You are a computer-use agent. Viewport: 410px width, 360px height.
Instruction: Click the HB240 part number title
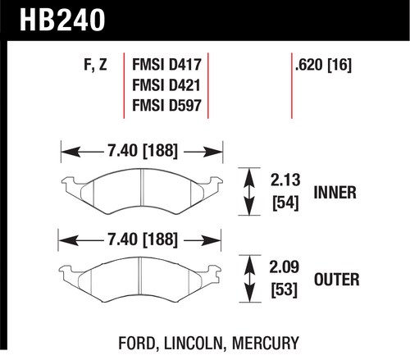pos(62,20)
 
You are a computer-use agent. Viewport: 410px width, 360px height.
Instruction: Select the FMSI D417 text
pos(166,65)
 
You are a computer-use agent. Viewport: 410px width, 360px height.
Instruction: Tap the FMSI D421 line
pos(166,84)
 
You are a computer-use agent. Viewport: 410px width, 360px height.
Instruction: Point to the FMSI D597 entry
pos(166,105)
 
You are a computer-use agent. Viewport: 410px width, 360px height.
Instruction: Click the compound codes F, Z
pos(95,66)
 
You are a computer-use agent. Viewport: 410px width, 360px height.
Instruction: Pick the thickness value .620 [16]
pos(323,65)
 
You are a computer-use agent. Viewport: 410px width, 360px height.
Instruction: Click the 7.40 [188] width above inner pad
pos(143,151)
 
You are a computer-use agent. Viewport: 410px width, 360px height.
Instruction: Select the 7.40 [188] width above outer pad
pos(143,239)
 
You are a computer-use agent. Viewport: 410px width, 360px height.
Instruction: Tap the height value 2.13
pos(285,180)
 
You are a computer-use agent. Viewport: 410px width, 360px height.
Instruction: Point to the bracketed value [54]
pos(285,203)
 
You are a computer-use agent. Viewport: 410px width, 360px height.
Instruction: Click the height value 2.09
pos(284,267)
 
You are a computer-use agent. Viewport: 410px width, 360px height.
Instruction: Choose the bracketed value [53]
pos(284,289)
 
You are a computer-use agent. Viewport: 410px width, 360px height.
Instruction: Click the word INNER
pos(335,193)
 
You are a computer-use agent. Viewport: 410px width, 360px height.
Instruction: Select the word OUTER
pos(337,280)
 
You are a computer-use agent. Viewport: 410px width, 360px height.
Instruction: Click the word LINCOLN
pos(194,344)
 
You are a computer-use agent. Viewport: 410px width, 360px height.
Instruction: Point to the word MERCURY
pos(266,343)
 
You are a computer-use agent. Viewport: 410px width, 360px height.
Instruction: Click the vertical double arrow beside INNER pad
pos(249,192)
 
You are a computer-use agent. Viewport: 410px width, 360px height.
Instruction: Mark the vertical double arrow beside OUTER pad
pos(249,279)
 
